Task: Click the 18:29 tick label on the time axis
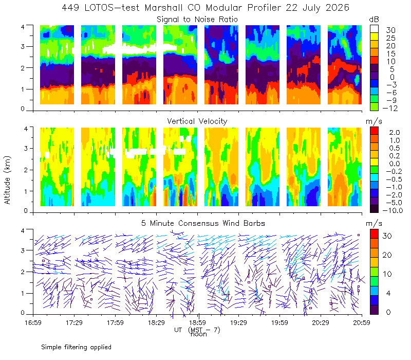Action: [x=156, y=322]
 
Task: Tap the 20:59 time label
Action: [x=362, y=322]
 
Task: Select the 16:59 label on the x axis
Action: [x=33, y=322]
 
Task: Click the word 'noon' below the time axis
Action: [x=199, y=334]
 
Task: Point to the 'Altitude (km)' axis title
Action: [x=7, y=180]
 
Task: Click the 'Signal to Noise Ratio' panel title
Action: [x=197, y=20]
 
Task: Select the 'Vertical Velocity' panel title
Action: [x=197, y=121]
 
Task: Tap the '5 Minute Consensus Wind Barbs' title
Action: [x=203, y=223]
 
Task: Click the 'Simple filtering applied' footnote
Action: [x=76, y=347]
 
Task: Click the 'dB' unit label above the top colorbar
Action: [x=374, y=20]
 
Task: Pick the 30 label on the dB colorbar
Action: [x=390, y=30]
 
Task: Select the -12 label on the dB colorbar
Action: [x=390, y=108]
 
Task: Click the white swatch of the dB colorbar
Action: [x=374, y=29]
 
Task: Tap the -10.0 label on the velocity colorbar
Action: [x=393, y=210]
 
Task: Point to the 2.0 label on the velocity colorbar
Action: [x=395, y=133]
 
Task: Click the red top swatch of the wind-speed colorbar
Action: [x=374, y=234]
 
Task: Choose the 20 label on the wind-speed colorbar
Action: [x=387, y=255]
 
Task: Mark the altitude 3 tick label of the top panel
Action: [x=23, y=46]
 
